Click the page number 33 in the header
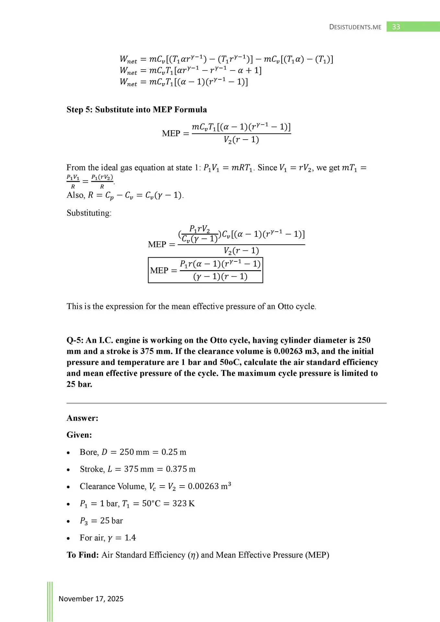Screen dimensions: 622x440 point(396,27)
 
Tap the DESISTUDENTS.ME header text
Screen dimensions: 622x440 point(355,27)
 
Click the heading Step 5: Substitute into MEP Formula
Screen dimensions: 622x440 point(136,109)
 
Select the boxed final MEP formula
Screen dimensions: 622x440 point(205,270)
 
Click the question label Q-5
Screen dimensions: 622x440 point(75,340)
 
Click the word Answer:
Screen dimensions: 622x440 point(82,418)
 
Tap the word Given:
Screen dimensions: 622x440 point(79,435)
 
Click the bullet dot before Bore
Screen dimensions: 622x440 point(68,453)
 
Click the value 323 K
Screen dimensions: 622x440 point(183,503)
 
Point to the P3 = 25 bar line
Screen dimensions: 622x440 point(101,521)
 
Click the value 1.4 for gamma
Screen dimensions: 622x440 point(130,538)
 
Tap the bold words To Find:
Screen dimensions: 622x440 point(83,555)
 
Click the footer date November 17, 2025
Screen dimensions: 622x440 point(91,599)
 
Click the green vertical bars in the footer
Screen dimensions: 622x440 point(50,601)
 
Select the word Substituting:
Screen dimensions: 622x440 point(89,213)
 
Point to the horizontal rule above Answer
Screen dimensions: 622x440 point(226,403)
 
